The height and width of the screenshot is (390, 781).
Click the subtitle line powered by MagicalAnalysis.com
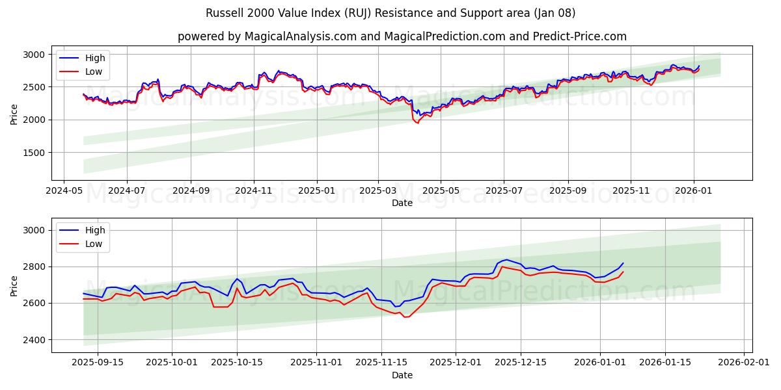402,36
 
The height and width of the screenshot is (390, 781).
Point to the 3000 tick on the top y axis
36,55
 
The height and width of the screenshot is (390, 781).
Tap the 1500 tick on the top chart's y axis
36,153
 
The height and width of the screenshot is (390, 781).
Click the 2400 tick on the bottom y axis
36,340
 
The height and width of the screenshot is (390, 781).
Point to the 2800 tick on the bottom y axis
36,266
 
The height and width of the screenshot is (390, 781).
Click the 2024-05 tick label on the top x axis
63,190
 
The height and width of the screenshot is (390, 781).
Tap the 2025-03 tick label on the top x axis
378,190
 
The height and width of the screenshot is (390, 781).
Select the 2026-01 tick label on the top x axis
693,190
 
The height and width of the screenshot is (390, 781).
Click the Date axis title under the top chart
402,203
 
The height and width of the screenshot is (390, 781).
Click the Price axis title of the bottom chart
14,285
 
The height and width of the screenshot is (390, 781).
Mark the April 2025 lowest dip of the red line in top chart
417,123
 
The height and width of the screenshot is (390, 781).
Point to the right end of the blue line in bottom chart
623,263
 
